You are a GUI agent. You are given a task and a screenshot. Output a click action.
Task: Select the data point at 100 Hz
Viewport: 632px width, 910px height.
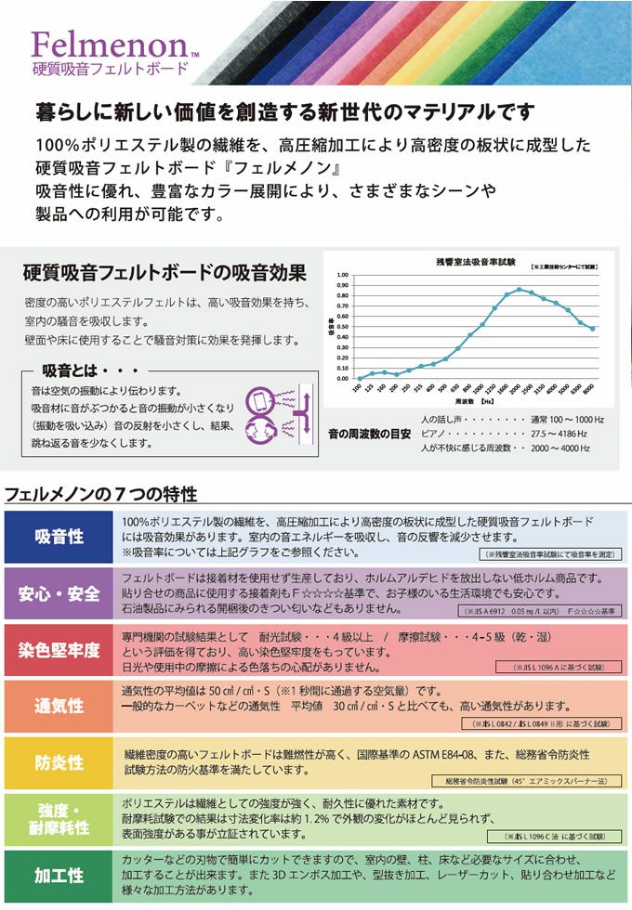pyautogui.click(x=359, y=378)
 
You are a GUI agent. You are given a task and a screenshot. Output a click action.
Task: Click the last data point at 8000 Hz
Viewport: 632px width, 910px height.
pyautogui.click(x=592, y=329)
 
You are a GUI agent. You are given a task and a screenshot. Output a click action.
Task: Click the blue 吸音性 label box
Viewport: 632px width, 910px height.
pyautogui.click(x=59, y=538)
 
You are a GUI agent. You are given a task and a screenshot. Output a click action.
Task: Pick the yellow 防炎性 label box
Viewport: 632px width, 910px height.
pyautogui.click(x=59, y=763)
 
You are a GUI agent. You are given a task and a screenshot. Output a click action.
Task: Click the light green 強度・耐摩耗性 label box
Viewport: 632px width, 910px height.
pyautogui.click(x=59, y=818)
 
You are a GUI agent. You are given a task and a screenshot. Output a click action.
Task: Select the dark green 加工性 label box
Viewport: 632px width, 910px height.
pyautogui.click(x=59, y=876)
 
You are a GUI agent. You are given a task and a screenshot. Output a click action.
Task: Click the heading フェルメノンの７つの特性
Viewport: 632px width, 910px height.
pyautogui.click(x=101, y=492)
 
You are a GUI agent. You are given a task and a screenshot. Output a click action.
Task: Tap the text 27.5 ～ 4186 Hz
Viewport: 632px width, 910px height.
pyautogui.click(x=562, y=433)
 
